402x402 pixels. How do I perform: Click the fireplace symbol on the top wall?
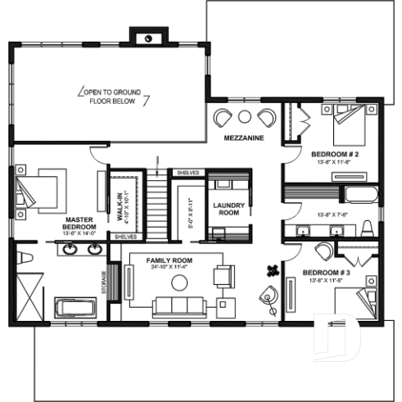pyautogui.click(x=147, y=37)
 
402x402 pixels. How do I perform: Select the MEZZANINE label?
pyautogui.click(x=244, y=138)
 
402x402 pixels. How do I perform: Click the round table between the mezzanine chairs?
pyautogui.click(x=245, y=116)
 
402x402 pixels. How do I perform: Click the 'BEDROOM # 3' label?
pyautogui.click(x=326, y=272)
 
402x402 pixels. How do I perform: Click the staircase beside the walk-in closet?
pyautogui.click(x=156, y=205)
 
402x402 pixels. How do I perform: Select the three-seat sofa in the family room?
pyautogui.click(x=177, y=307)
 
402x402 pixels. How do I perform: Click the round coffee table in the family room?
pyautogui.click(x=178, y=282)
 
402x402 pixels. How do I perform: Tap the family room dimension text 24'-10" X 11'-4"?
pyautogui.click(x=168, y=266)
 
